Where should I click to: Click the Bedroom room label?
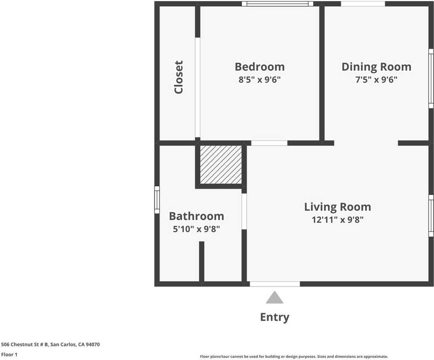click(x=259, y=67)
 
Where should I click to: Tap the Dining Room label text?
click(x=376, y=67)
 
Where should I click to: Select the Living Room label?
click(x=337, y=207)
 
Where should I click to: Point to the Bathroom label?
click(x=196, y=216)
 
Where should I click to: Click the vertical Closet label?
click(x=178, y=77)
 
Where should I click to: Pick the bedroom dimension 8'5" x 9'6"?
click(x=259, y=79)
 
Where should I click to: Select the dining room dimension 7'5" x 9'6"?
click(x=376, y=79)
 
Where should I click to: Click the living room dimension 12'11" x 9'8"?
click(x=337, y=220)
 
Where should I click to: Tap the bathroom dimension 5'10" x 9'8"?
click(x=196, y=229)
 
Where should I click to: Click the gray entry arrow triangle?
click(x=274, y=298)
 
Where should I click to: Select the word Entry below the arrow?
click(x=274, y=317)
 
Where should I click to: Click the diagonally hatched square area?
click(x=221, y=165)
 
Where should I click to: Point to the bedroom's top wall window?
click(x=277, y=4)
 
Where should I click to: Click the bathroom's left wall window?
click(x=157, y=200)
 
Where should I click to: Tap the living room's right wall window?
click(x=431, y=216)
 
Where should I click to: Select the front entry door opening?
click(x=274, y=284)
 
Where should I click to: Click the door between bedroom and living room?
click(x=269, y=143)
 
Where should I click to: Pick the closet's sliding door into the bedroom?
click(x=197, y=87)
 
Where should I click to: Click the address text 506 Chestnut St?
click(x=50, y=344)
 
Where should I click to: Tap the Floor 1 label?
click(x=9, y=354)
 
